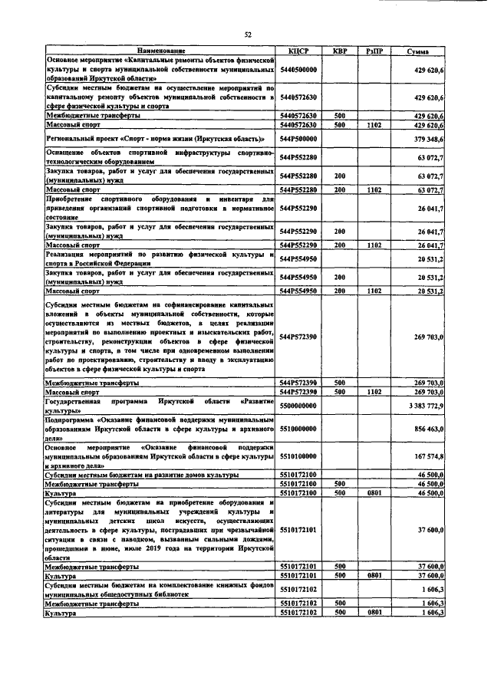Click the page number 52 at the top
248,35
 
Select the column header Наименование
161,51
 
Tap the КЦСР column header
298,51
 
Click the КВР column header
339,51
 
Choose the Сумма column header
418,51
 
